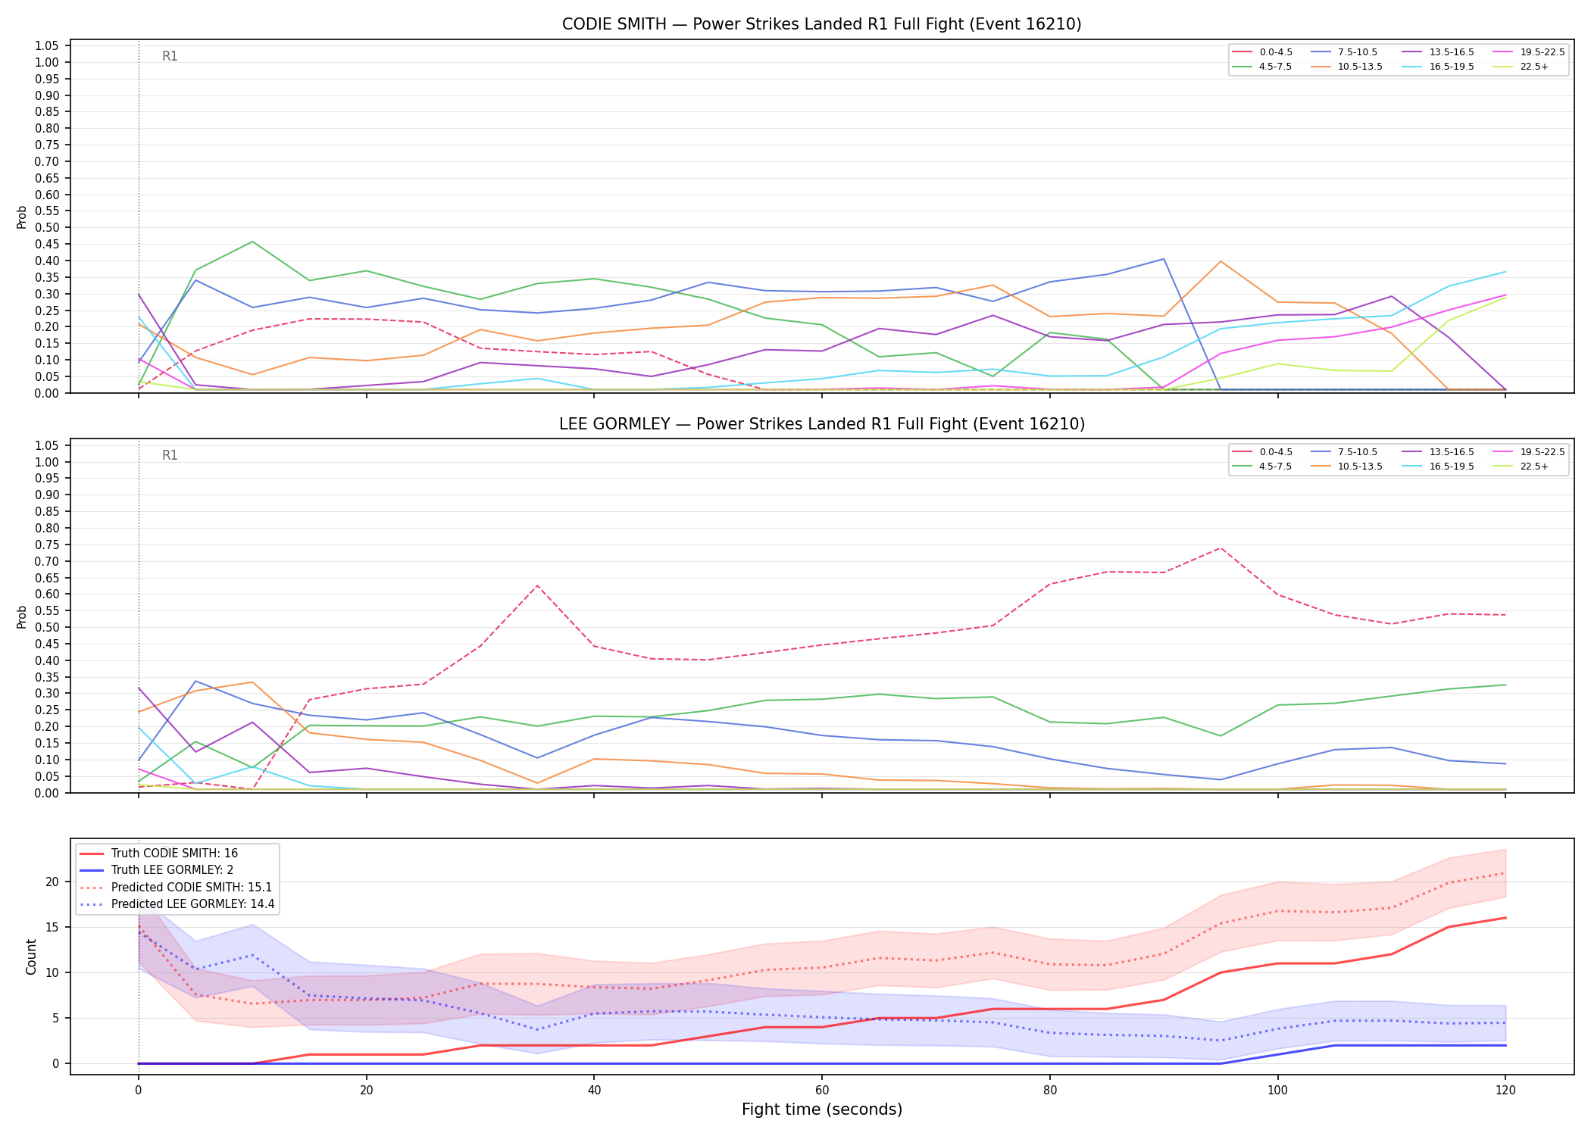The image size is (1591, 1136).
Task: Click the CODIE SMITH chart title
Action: pyautogui.click(x=821, y=24)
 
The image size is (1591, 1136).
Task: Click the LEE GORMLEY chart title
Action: pyautogui.click(x=821, y=424)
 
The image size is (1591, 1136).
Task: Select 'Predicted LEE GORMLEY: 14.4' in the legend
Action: pyautogui.click(x=177, y=904)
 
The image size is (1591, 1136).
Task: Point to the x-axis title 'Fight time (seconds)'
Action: pyautogui.click(x=822, y=1109)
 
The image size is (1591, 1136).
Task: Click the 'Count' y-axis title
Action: pyautogui.click(x=31, y=957)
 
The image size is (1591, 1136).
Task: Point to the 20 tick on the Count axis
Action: pyautogui.click(x=52, y=882)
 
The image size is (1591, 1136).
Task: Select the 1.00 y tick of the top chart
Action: pyautogui.click(x=47, y=62)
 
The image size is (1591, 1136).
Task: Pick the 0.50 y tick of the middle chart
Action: pyautogui.click(x=47, y=627)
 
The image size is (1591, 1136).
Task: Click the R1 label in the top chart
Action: pyautogui.click(x=170, y=56)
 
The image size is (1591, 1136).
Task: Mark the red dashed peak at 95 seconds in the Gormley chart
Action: pyautogui.click(x=1220, y=548)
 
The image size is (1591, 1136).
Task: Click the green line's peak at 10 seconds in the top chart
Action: pyautogui.click(x=252, y=242)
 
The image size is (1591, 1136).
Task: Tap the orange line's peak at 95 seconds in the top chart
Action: pyautogui.click(x=1220, y=261)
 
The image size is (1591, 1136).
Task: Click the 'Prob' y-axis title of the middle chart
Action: pyautogui.click(x=22, y=616)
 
